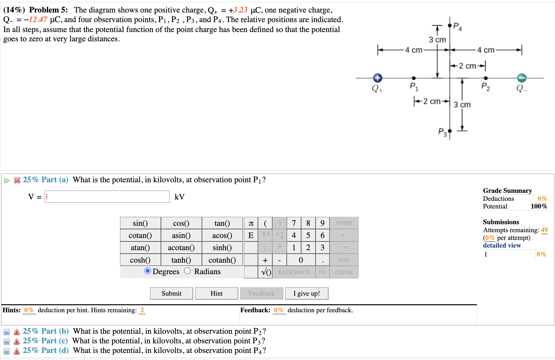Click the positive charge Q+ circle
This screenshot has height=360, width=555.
coord(378,78)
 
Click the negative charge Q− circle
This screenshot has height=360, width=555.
coord(522,78)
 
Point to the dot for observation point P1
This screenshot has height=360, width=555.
coord(414,78)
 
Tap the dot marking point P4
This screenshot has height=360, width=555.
coord(450,25)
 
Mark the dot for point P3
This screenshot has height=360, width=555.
coord(450,131)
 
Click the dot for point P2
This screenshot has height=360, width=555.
coord(486,78)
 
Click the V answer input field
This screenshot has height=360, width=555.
coord(107,197)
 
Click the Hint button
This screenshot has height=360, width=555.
coord(216,293)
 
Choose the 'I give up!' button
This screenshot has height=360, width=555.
coord(306,293)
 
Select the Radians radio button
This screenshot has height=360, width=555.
coord(188,271)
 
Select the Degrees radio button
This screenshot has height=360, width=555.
coord(148,271)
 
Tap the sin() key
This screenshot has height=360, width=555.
coord(140,223)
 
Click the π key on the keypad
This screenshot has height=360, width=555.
coord(251,223)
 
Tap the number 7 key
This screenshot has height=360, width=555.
coord(294,223)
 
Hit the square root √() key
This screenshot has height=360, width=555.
coord(266,272)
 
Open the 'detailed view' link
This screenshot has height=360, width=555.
coord(502,245)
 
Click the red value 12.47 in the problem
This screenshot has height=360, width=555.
coord(38,20)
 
